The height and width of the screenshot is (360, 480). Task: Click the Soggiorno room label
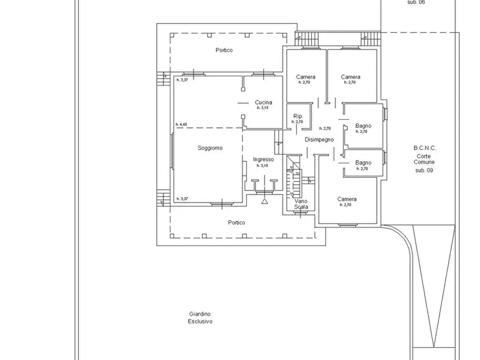pyautogui.click(x=210, y=148)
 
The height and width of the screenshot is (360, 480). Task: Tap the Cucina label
pyautogui.click(x=263, y=102)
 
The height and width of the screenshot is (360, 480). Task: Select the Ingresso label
pyautogui.click(x=263, y=159)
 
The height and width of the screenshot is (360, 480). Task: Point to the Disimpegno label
pyautogui.click(x=319, y=140)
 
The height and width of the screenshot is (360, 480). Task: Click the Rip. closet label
pyautogui.click(x=298, y=116)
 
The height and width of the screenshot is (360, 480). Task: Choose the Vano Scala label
pyautogui.click(x=301, y=204)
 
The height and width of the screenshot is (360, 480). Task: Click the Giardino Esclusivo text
pyautogui.click(x=200, y=318)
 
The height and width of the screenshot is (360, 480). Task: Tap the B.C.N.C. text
pyautogui.click(x=425, y=148)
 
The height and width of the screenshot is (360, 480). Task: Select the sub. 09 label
pyautogui.click(x=424, y=170)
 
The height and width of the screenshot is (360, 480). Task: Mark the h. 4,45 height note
pyautogui.click(x=181, y=125)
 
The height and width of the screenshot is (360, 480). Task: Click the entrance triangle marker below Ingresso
pyautogui.click(x=264, y=201)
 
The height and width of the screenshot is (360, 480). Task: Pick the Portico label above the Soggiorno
pyautogui.click(x=224, y=50)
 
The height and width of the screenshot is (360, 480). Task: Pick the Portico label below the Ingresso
pyautogui.click(x=237, y=222)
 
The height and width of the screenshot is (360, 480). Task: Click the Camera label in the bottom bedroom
pyautogui.click(x=347, y=199)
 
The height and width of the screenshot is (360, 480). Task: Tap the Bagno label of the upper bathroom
pyautogui.click(x=363, y=126)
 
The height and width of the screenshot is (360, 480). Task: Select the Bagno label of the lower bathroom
pyautogui.click(x=363, y=163)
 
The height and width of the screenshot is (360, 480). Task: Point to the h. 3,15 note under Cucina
pyautogui.click(x=262, y=108)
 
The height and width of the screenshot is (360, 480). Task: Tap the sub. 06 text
pyautogui.click(x=416, y=2)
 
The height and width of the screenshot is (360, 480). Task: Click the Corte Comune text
pyautogui.click(x=424, y=159)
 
